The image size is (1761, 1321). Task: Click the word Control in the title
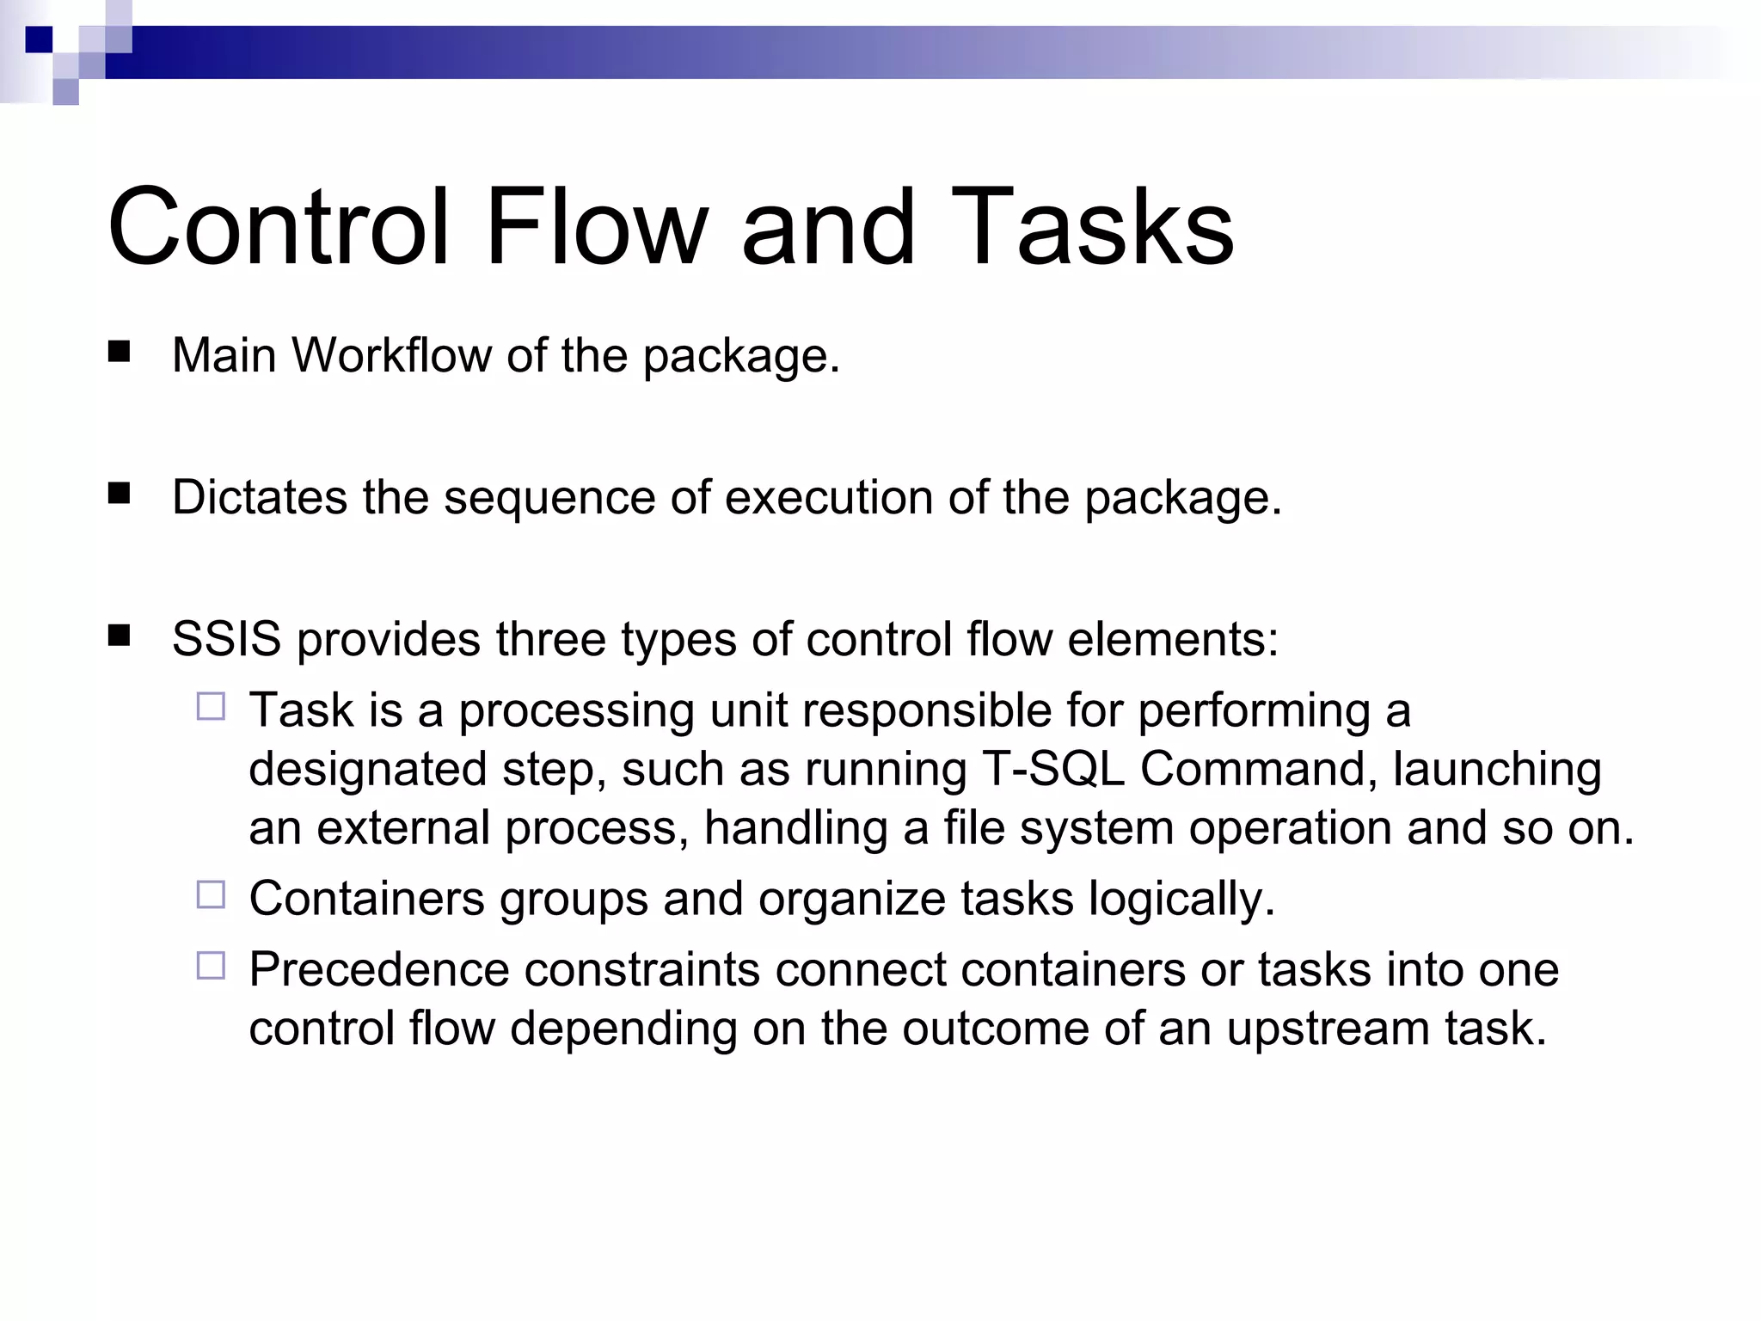click(x=278, y=228)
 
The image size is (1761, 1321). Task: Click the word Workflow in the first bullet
click(x=391, y=355)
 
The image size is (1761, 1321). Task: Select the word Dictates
click(x=259, y=497)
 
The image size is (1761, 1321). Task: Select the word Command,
click(x=1258, y=769)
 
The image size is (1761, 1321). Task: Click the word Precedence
click(x=379, y=970)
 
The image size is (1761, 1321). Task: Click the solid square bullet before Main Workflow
click(x=119, y=352)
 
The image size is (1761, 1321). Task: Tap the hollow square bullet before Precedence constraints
click(x=211, y=966)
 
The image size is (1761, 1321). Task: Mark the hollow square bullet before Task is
click(x=211, y=707)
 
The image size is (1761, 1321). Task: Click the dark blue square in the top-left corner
click(x=39, y=40)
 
